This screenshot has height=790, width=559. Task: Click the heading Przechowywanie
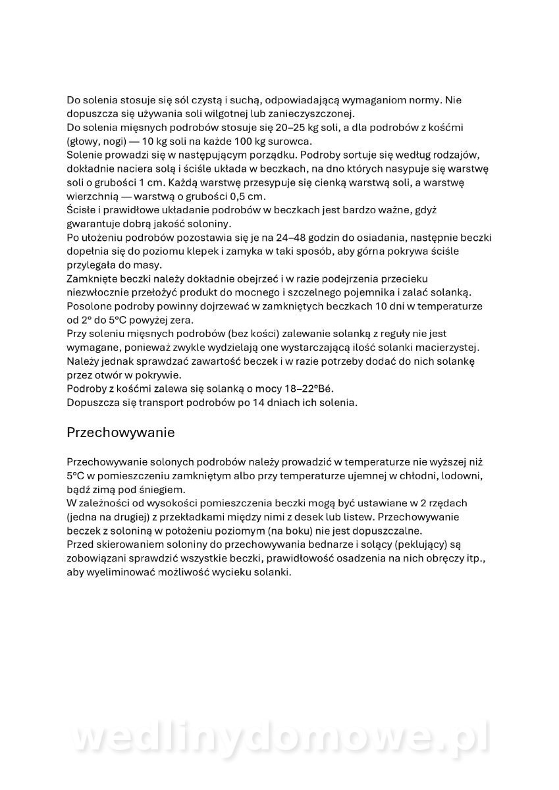(120, 433)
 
